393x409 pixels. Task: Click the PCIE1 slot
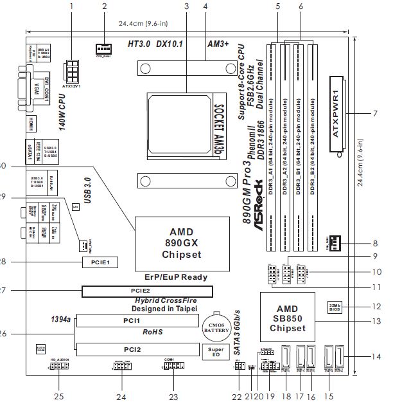[100, 262]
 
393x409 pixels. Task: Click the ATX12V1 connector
[72, 69]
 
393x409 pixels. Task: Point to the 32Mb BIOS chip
[335, 306]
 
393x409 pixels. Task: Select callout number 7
[374, 113]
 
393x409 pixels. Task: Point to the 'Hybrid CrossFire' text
[164, 300]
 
